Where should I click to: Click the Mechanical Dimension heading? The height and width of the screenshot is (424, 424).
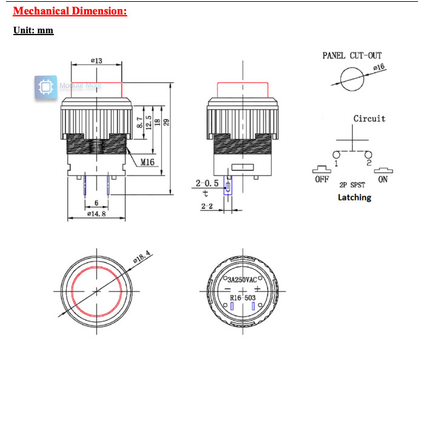pos(70,11)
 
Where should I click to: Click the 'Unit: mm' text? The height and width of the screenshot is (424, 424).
pos(33,30)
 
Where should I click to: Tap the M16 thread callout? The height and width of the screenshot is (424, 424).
pos(148,162)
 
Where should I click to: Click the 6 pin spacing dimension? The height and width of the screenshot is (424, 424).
pos(96,203)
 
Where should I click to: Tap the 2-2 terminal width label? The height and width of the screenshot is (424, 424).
pos(206,207)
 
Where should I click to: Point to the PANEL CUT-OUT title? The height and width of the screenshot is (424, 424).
pos(351,56)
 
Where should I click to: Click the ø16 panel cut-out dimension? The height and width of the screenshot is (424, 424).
pos(379,68)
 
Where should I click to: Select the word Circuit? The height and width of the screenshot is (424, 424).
pos(369,119)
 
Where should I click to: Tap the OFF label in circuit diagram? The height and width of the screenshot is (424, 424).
pos(322,179)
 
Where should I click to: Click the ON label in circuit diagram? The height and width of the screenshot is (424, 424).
pos(383,179)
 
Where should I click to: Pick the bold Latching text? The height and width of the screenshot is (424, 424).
pos(354,197)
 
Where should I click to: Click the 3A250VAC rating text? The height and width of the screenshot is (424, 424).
pos(242,280)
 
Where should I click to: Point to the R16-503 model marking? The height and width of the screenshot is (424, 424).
pos(242,297)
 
